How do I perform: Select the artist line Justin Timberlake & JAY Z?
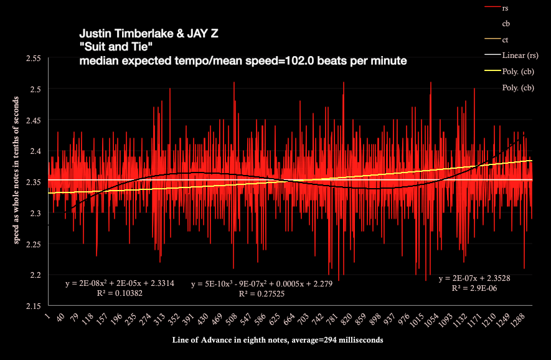(149, 34)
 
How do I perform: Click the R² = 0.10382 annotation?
(120, 293)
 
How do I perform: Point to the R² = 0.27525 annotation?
(261, 293)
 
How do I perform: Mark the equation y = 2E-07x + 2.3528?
(474, 278)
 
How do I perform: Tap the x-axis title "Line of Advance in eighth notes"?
(278, 341)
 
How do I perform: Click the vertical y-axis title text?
(12, 184)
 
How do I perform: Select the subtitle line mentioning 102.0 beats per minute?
(243, 61)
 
